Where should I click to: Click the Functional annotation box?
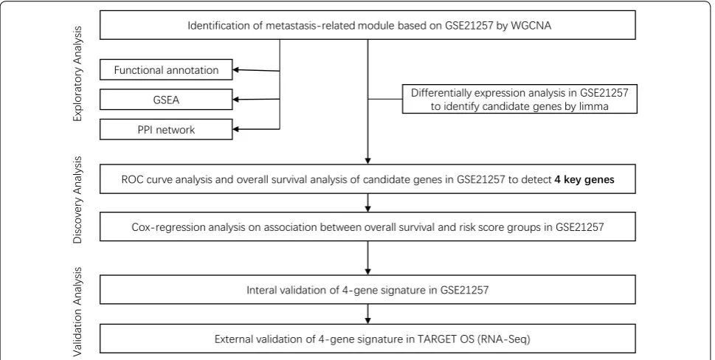(166, 70)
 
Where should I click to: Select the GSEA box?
(166, 100)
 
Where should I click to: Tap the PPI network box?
(166, 129)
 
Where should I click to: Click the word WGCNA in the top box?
(531, 26)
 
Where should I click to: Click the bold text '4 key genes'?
(584, 179)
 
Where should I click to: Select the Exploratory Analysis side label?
(78, 74)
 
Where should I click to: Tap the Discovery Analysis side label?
(78, 200)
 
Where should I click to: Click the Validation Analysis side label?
(78, 312)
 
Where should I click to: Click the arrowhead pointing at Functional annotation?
(236, 70)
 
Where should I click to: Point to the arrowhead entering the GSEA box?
(236, 100)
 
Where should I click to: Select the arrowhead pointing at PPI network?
(236, 129)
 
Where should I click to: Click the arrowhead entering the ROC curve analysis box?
(367, 161)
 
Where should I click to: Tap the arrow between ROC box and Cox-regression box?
(367, 203)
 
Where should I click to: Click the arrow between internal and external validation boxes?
(367, 314)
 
